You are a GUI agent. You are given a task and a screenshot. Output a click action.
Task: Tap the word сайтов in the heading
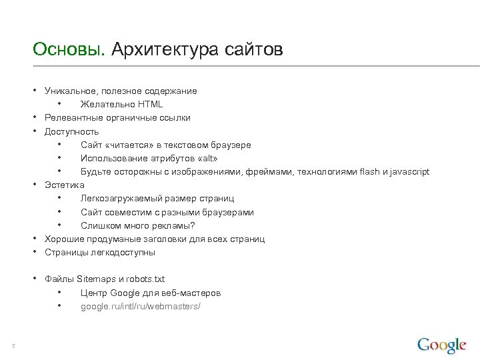pos(254,50)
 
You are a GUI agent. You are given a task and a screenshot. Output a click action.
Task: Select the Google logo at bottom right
pos(441,345)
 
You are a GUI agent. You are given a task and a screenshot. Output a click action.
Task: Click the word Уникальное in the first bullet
pos(69,91)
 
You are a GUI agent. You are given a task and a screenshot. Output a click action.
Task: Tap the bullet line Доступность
pos(71,131)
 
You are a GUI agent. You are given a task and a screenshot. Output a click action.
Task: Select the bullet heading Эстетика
pos(65,185)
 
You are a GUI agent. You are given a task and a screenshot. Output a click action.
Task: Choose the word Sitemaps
pos(96,279)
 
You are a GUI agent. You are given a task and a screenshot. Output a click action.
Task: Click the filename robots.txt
pos(147,279)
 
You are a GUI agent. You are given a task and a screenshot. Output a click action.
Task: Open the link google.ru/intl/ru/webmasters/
pos(140,306)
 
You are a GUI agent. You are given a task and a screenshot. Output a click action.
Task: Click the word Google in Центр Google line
pos(124,293)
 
